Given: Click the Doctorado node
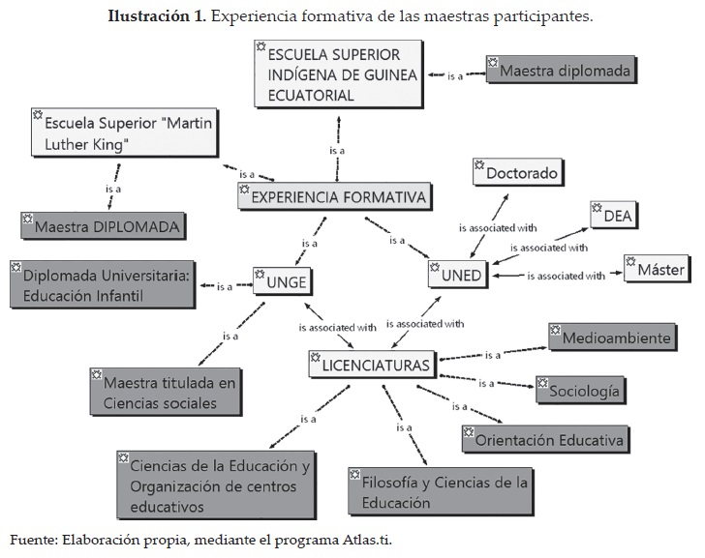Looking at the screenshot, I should click(x=518, y=174).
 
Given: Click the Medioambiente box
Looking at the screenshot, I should click(x=610, y=338).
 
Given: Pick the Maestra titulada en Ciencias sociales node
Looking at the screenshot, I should click(x=165, y=391).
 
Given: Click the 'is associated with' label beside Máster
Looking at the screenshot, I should click(x=566, y=276).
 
